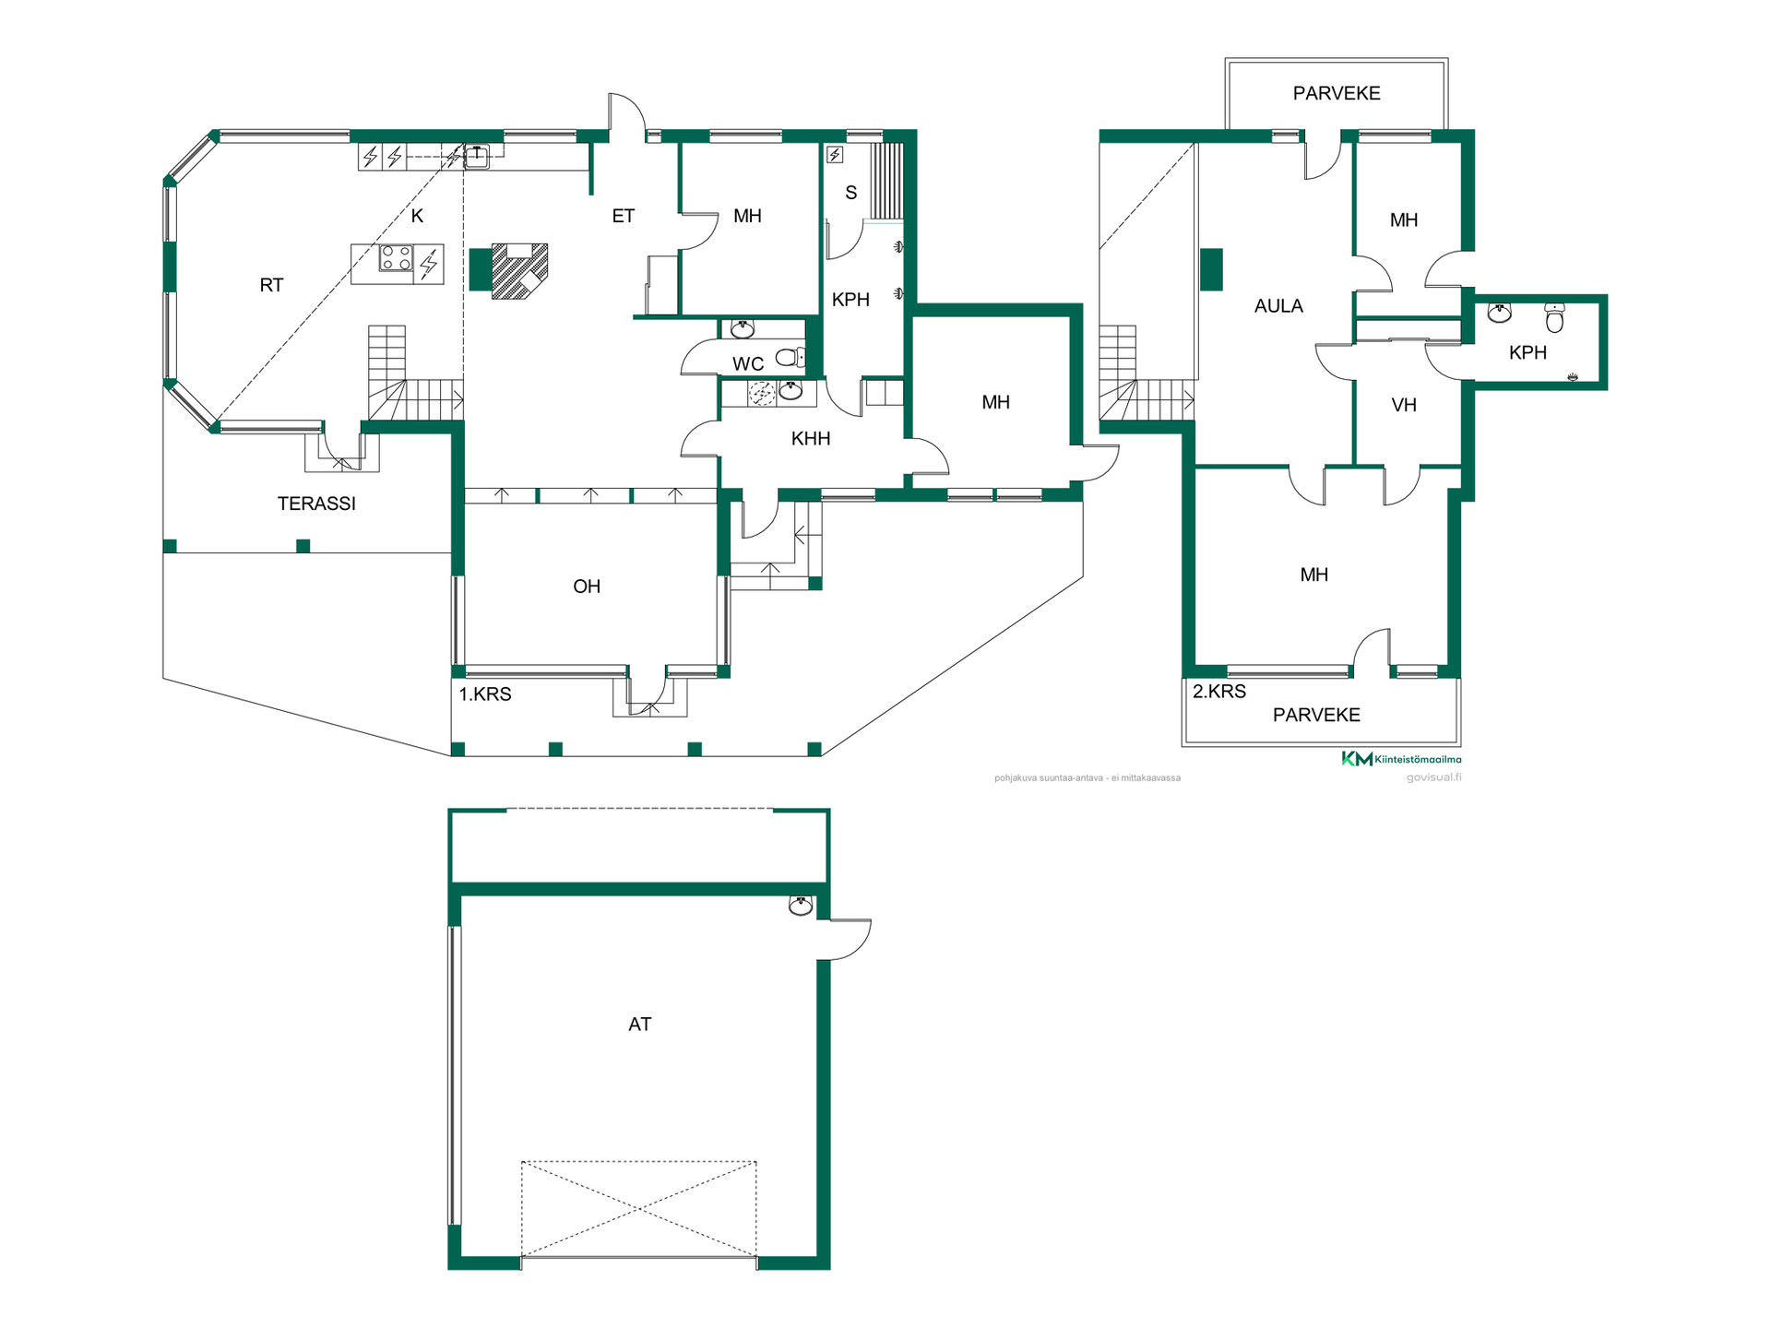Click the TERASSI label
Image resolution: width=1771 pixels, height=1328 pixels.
(x=316, y=504)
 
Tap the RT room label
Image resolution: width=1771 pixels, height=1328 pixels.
(x=271, y=285)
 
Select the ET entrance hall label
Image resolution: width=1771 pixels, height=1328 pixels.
(x=624, y=216)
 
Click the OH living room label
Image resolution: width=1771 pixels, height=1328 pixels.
(x=587, y=587)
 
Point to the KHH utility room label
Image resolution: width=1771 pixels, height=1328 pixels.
(x=811, y=439)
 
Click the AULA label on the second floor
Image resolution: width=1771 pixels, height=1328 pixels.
(x=1278, y=306)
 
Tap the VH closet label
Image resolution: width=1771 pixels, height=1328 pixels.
(x=1404, y=405)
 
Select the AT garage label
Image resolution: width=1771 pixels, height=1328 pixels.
(x=639, y=1025)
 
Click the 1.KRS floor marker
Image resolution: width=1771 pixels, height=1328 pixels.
(x=485, y=694)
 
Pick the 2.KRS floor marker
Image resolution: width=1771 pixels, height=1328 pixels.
(x=1219, y=692)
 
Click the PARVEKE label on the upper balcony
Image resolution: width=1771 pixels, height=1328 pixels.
(x=1337, y=93)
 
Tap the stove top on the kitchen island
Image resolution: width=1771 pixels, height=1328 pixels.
(x=397, y=258)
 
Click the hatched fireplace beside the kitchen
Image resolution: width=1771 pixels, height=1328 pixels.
(x=519, y=271)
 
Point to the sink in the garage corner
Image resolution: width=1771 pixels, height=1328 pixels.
(x=801, y=906)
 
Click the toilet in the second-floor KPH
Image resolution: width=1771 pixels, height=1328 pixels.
(x=1554, y=317)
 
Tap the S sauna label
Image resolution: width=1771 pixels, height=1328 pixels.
(x=850, y=193)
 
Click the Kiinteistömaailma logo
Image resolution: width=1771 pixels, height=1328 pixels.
(x=1401, y=759)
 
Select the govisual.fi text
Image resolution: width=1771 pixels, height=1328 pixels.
(x=1433, y=777)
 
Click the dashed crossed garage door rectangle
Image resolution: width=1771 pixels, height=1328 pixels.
(x=639, y=1209)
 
